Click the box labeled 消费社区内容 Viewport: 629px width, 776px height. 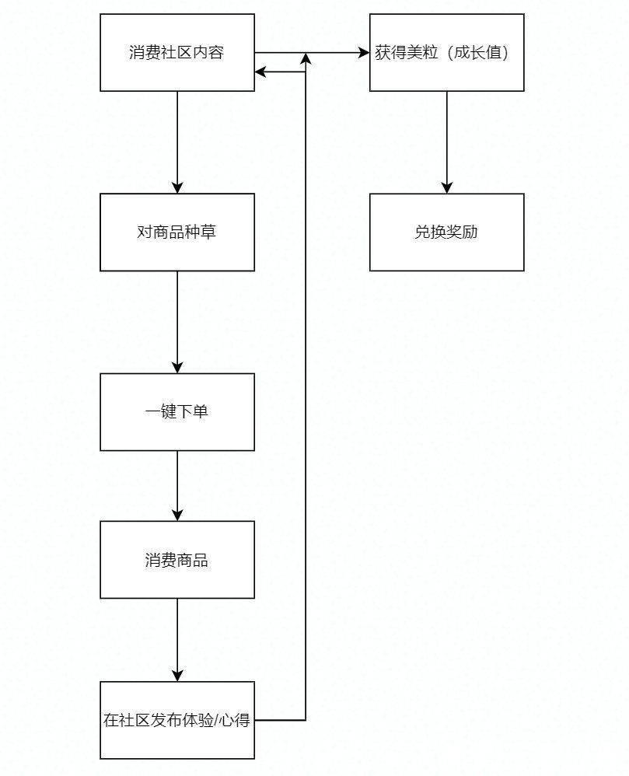177,53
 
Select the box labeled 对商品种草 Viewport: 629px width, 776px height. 177,232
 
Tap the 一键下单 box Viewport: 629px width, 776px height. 177,412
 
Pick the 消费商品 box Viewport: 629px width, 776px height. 177,560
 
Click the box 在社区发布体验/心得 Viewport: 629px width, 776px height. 177,720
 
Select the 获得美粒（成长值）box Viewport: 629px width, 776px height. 446,53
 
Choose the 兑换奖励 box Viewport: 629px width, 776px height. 446,232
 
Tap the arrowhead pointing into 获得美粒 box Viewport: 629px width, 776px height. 363,53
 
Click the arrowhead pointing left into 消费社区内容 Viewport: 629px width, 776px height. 261,72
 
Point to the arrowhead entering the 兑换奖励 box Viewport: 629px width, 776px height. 446,187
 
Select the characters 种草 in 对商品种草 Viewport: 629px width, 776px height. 200,232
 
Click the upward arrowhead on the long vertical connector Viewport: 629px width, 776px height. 306,59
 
